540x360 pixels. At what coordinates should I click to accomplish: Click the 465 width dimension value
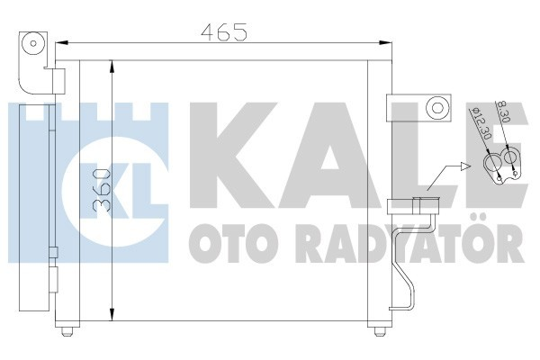(x=224, y=32)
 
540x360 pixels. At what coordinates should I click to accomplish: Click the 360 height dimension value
(x=103, y=190)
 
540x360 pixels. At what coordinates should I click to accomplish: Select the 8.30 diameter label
(x=503, y=112)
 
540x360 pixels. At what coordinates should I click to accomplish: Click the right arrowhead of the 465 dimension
(x=384, y=43)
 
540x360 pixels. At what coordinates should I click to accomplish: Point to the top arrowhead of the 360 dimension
(x=112, y=67)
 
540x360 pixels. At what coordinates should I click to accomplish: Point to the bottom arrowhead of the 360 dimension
(x=112, y=314)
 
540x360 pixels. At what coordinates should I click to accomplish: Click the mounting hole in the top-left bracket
(x=33, y=44)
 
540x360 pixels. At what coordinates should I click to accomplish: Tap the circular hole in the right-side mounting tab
(x=437, y=108)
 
